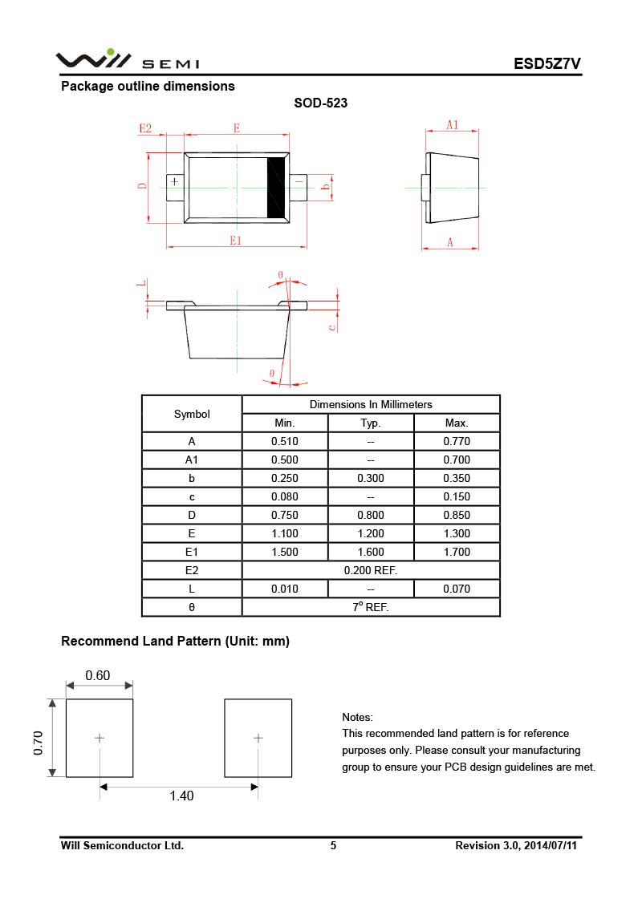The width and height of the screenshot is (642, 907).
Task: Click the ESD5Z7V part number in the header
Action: click(547, 64)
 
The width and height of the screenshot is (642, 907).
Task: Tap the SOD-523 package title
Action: click(320, 103)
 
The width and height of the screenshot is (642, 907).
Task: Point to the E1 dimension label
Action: click(236, 240)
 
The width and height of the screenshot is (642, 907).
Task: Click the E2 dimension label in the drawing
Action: click(145, 128)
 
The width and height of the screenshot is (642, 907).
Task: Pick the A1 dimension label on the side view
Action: click(452, 124)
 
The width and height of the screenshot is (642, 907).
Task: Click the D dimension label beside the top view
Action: click(142, 186)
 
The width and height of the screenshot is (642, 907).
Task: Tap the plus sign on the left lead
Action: click(174, 182)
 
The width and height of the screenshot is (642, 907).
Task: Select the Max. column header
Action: click(457, 423)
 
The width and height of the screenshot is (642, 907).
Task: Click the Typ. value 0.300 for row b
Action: click(371, 478)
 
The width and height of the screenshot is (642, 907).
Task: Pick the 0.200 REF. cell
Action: click(371, 570)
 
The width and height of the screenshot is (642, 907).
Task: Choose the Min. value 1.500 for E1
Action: click(285, 552)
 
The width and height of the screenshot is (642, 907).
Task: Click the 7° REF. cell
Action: click(371, 607)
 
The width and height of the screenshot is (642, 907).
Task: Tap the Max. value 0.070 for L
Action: click(457, 589)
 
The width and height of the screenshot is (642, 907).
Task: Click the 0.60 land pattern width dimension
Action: click(98, 675)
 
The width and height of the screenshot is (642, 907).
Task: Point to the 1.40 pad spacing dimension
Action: click(181, 796)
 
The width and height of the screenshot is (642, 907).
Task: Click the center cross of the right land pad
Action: click(258, 738)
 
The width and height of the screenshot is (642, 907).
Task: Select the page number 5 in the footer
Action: click(333, 845)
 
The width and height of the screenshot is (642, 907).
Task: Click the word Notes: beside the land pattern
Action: click(358, 717)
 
